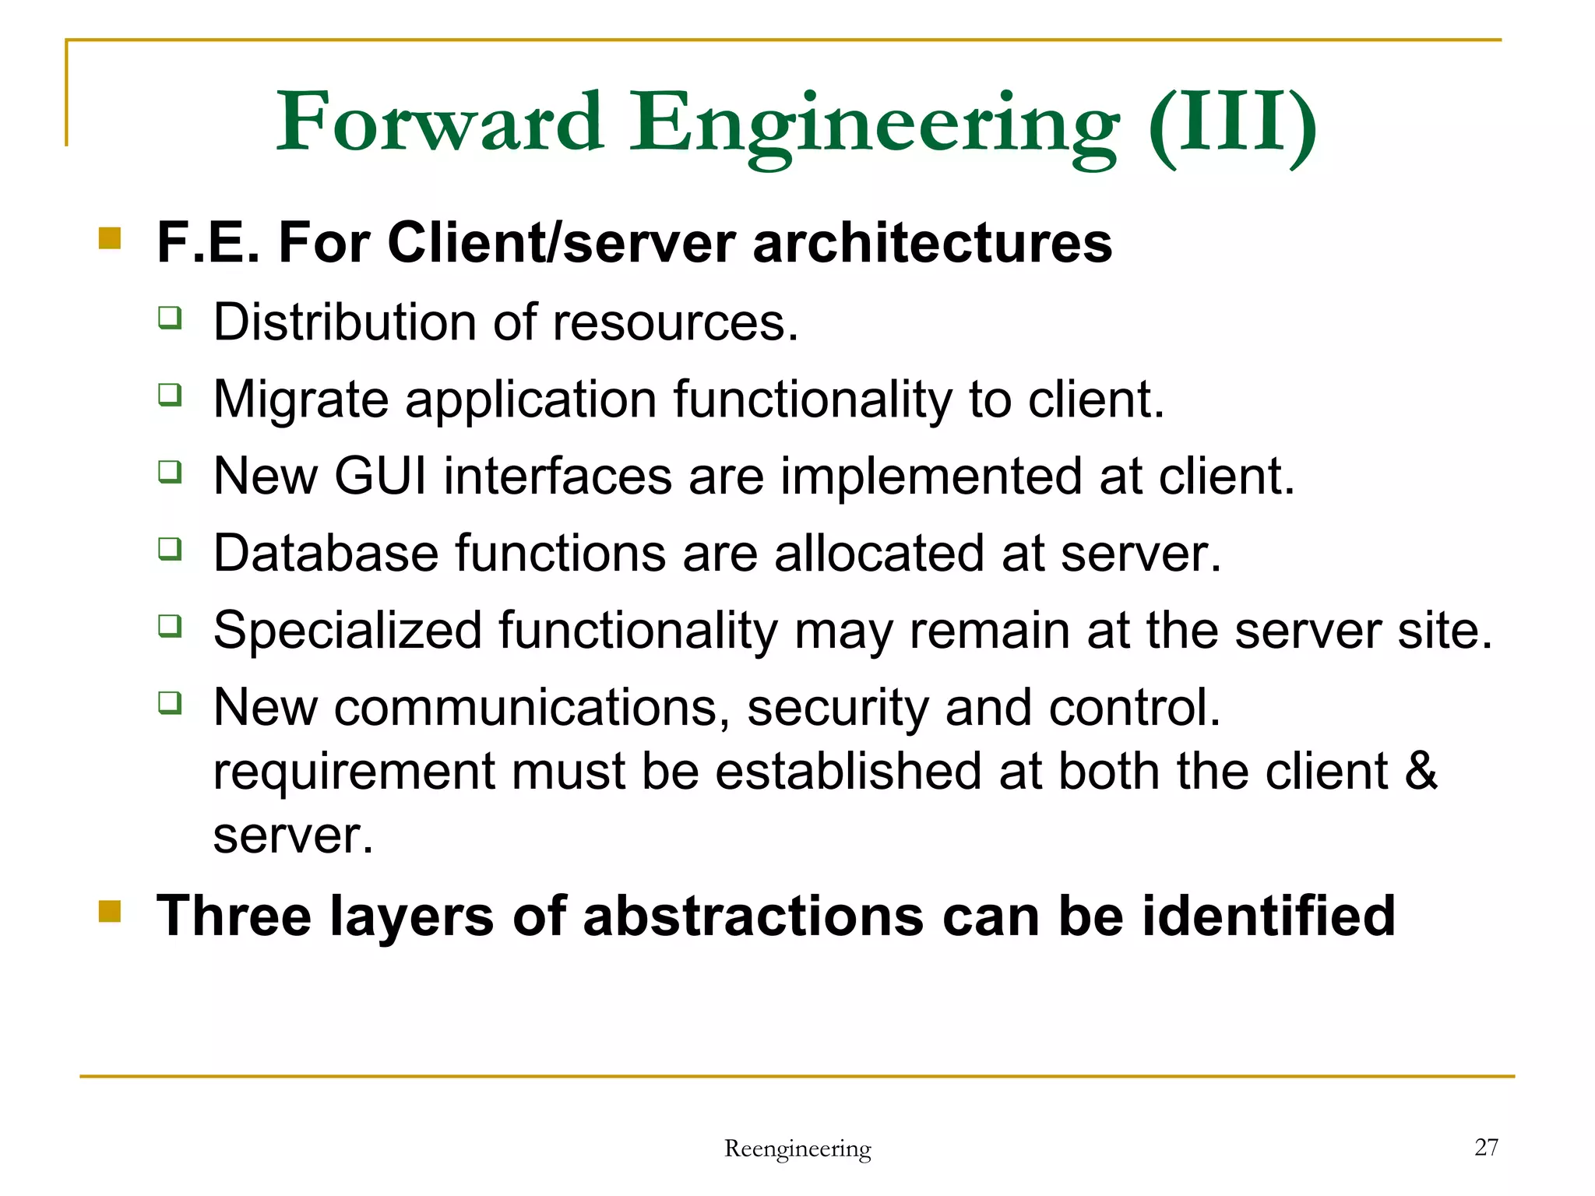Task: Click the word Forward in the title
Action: [x=440, y=122]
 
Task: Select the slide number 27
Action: [x=1486, y=1147]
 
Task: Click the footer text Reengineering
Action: [x=797, y=1149]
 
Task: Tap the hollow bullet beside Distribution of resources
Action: [x=170, y=318]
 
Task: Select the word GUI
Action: [x=381, y=476]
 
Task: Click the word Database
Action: [x=326, y=553]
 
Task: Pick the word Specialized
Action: [x=347, y=630]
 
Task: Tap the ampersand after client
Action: [x=1421, y=771]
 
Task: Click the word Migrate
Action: [x=301, y=399]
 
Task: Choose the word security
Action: [x=837, y=709]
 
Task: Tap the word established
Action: [x=848, y=771]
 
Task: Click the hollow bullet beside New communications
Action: [x=170, y=702]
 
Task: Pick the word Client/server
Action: [x=561, y=243]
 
